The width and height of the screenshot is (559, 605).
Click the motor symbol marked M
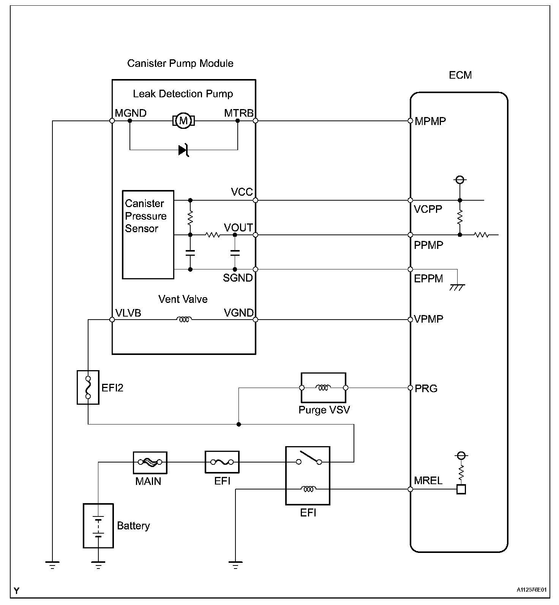pos(184,121)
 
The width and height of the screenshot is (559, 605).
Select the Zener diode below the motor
pos(184,150)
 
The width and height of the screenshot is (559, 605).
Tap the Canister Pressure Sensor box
pos(148,234)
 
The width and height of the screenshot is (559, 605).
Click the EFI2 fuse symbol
pos(88,387)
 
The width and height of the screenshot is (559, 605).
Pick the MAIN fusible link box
pos(150,462)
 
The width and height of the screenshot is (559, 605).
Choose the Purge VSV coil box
pos(324,388)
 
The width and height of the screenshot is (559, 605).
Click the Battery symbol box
pos(98,526)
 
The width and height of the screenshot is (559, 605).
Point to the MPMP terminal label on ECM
pos(430,121)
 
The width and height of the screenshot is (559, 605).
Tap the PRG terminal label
pos(426,388)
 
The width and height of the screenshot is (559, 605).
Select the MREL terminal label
pos(428,480)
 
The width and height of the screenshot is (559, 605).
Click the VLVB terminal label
pos(128,312)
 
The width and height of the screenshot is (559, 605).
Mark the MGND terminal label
pos(131,113)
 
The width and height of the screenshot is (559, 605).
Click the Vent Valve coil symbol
pos(184,320)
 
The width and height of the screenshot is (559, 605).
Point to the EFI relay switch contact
pos(309,458)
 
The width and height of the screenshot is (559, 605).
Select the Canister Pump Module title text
pos(180,63)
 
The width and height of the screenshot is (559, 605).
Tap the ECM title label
pos(460,75)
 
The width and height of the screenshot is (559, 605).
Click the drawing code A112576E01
pos(531,590)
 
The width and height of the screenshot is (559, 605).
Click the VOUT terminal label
pos(238,227)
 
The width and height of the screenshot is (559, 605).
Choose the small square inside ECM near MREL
pos(461,489)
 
